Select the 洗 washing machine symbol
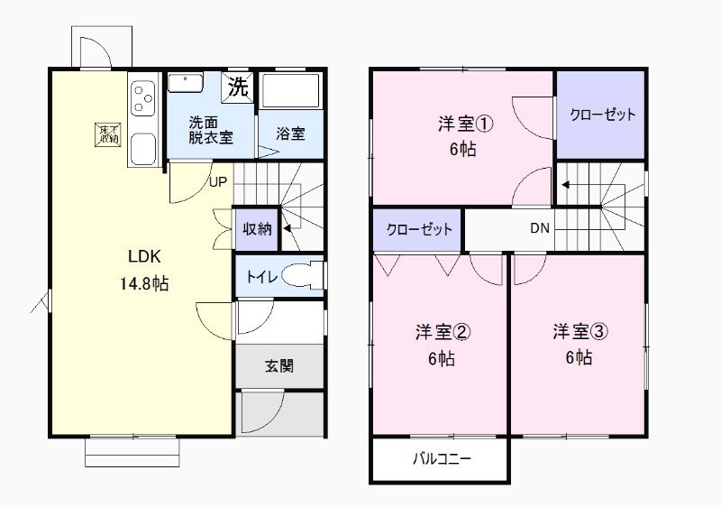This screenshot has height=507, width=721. [237, 88]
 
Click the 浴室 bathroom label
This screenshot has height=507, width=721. [289, 134]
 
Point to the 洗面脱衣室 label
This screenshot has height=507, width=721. [210, 130]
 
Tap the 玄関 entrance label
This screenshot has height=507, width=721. [278, 366]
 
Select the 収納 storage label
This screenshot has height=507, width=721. [256, 228]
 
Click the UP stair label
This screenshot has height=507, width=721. [218, 181]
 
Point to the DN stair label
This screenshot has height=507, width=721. [539, 228]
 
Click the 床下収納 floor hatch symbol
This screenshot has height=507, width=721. [107, 134]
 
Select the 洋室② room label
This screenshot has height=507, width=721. [442, 333]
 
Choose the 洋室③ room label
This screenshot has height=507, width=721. [580, 332]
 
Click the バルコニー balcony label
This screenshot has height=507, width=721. [442, 458]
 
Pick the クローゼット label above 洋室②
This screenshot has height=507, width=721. [419, 229]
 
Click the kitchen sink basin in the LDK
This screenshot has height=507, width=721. [143, 148]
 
